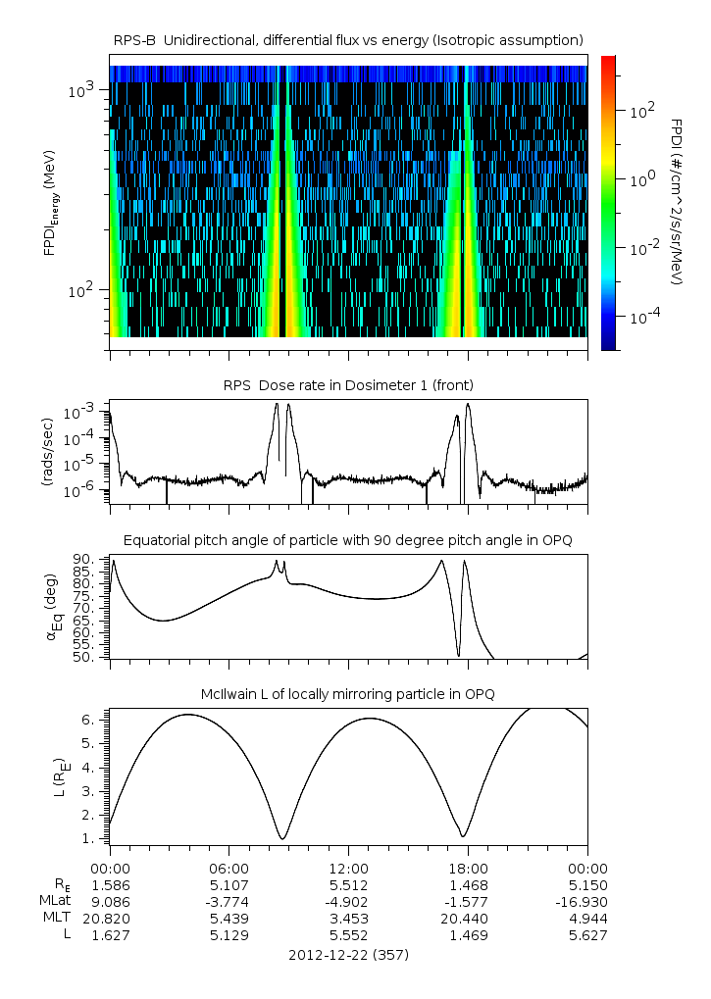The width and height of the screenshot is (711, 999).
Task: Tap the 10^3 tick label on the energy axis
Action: pyautogui.click(x=80, y=91)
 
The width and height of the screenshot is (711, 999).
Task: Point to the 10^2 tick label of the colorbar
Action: pyautogui.click(x=642, y=112)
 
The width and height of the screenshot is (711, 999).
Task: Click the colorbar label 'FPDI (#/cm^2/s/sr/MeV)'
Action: pyautogui.click(x=676, y=202)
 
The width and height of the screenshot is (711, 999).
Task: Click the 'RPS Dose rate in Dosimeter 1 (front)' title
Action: pyautogui.click(x=348, y=384)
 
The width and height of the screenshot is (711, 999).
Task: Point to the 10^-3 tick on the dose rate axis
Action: pyautogui.click(x=81, y=412)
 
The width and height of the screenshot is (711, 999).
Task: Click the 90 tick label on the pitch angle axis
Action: pyautogui.click(x=84, y=559)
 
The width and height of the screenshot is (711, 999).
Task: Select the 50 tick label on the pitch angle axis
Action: pyautogui.click(x=84, y=657)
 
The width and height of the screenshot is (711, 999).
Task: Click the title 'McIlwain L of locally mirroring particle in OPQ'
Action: pyautogui.click(x=348, y=693)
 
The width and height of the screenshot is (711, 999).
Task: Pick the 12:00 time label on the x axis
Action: pyautogui.click(x=348, y=868)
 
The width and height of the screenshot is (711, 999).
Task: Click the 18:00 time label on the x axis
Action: pyautogui.click(x=468, y=868)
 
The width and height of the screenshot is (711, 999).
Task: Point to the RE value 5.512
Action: pyautogui.click(x=348, y=884)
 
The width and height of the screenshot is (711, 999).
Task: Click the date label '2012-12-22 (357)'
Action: pyautogui.click(x=348, y=954)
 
